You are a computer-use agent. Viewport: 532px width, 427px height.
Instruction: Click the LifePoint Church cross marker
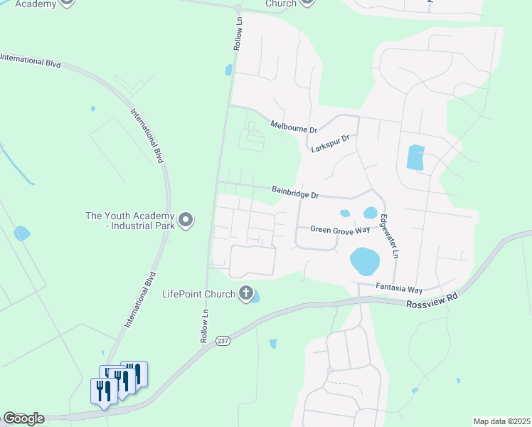[x=246, y=293]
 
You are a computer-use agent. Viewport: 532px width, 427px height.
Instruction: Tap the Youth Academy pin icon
[x=186, y=220]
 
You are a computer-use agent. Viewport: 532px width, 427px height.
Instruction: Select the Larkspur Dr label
[x=331, y=143]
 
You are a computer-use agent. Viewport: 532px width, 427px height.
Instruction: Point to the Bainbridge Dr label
[x=295, y=192]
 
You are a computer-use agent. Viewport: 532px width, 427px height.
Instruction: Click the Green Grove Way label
[x=340, y=229]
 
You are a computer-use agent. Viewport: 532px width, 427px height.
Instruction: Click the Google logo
[x=23, y=418]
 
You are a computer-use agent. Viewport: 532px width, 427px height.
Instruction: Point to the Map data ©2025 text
[x=501, y=421]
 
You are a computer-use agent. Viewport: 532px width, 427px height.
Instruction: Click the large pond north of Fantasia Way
[x=364, y=261]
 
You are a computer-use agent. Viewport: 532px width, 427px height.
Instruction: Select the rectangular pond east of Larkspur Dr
[x=415, y=157]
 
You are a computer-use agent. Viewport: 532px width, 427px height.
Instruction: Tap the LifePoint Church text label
[x=199, y=293]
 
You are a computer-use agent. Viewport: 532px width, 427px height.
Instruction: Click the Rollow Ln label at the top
[x=238, y=33]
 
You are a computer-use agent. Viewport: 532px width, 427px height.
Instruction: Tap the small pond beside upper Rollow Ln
[x=228, y=70]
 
